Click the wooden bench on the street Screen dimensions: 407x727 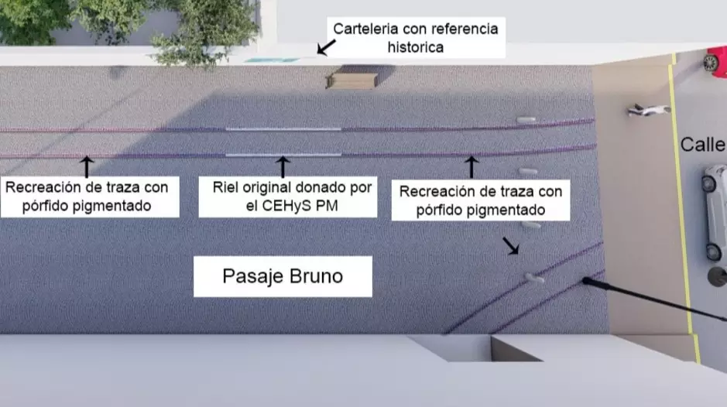350,80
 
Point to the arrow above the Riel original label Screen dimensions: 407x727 283,166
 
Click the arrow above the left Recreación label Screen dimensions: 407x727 87,166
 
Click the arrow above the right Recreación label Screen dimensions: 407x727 471,166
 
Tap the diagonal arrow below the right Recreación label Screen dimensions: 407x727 512,246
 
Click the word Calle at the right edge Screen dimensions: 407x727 702,145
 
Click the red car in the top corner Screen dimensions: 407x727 716,60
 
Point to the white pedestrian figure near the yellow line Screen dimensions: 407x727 646,111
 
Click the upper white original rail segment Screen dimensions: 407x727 283,128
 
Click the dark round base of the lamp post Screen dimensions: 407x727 717,276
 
